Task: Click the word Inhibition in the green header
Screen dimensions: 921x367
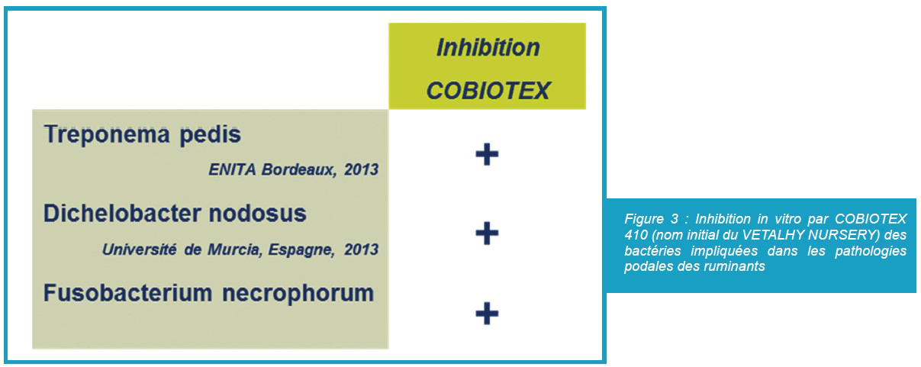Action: [488, 47]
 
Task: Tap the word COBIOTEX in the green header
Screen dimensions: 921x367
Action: [488, 91]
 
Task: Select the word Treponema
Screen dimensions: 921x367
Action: [107, 135]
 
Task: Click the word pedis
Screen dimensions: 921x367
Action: [210, 135]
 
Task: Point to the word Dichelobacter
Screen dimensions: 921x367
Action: [122, 214]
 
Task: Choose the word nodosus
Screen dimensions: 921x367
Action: [258, 214]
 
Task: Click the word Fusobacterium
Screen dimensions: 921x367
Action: [128, 293]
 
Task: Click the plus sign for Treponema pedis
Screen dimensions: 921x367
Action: [488, 155]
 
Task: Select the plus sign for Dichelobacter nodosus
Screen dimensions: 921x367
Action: [488, 233]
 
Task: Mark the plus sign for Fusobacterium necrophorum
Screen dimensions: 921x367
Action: [488, 314]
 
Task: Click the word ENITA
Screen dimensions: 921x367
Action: [232, 169]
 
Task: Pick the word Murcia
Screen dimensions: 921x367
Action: [235, 249]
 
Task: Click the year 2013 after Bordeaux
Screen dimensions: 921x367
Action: [362, 169]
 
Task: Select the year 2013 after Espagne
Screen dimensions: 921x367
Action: [362, 249]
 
